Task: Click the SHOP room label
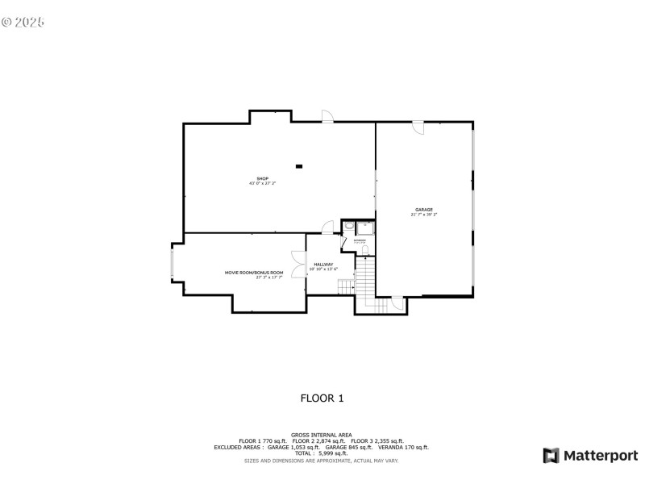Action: pos(262,178)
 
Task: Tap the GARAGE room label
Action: pos(424,210)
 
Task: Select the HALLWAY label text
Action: pos(323,264)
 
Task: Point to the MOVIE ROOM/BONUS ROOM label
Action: pos(254,273)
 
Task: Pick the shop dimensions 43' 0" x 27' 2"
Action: pos(262,184)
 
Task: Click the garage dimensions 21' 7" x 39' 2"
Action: pos(424,215)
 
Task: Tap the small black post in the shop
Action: pos(299,166)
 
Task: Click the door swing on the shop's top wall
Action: pos(328,116)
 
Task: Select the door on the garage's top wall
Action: pos(418,127)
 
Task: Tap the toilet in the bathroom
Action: pos(364,251)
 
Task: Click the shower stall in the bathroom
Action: pos(362,227)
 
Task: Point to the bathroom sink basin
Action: pos(348,227)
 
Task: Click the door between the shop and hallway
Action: pos(327,227)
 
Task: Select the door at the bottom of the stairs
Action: pos(396,303)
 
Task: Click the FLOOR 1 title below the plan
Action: pos(322,398)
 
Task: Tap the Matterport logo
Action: pos(590,456)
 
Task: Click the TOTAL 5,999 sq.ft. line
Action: pos(322,453)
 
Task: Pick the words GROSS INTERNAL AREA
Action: pos(322,435)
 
